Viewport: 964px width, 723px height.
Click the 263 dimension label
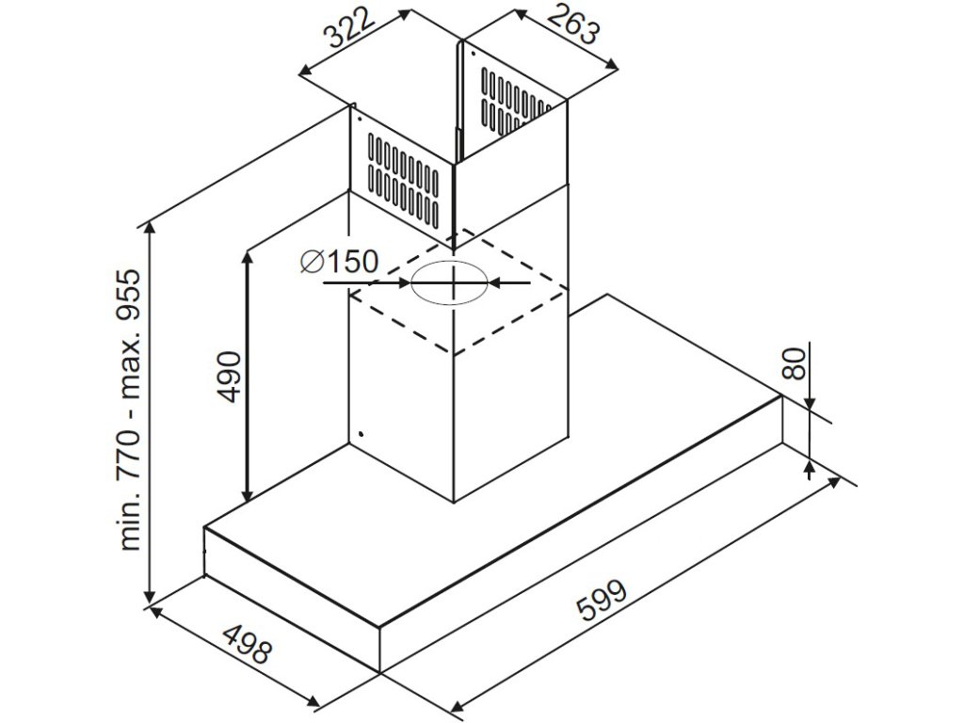point(572,25)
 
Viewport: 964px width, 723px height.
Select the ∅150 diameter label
point(339,261)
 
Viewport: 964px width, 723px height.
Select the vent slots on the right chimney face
point(511,98)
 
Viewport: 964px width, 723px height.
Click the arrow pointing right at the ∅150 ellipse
point(403,281)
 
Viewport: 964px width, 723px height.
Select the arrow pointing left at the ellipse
point(496,281)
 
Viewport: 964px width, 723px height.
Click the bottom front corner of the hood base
point(380,671)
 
